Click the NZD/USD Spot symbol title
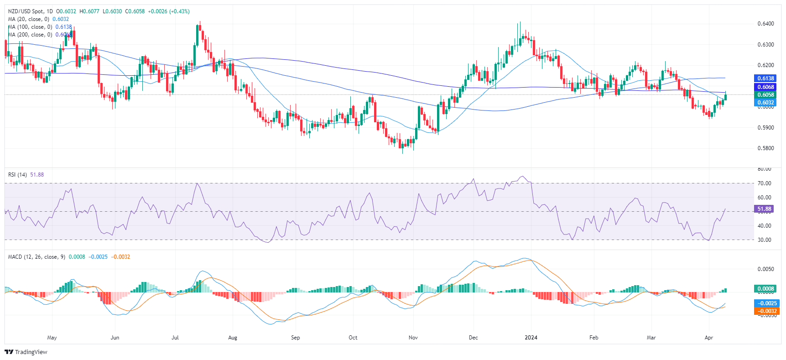pyautogui.click(x=30, y=11)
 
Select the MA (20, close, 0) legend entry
pyautogui.click(x=29, y=19)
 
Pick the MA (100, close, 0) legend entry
pyautogui.click(x=30, y=27)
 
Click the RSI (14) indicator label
pyautogui.click(x=18, y=175)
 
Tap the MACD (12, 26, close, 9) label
pyautogui.click(x=36, y=257)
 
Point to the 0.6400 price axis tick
pyautogui.click(x=765, y=24)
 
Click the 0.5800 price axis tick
pyautogui.click(x=765, y=148)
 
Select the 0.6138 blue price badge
pyautogui.click(x=765, y=78)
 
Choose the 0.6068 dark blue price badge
pyautogui.click(x=765, y=87)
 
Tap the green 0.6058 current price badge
pyautogui.click(x=765, y=95)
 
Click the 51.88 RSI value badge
pyautogui.click(x=764, y=209)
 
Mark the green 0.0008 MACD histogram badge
pyautogui.click(x=765, y=289)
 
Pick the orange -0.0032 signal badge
pyautogui.click(x=766, y=311)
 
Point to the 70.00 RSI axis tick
pyautogui.click(x=764, y=183)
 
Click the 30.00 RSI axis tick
pyautogui.click(x=764, y=240)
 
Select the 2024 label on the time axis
pyautogui.click(x=531, y=338)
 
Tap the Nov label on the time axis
pyautogui.click(x=413, y=338)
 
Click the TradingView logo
pyautogui.click(x=26, y=352)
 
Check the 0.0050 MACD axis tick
pyautogui.click(x=765, y=269)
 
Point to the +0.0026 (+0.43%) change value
pyautogui.click(x=169, y=11)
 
